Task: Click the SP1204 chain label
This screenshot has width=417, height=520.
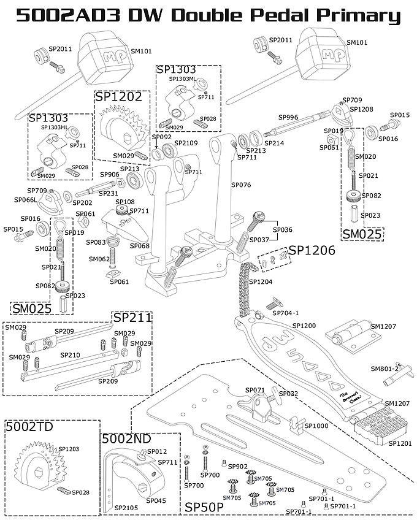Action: pos(261,281)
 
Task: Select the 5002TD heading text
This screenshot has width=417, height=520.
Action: pos(29,427)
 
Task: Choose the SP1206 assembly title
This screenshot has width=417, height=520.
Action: pos(312,250)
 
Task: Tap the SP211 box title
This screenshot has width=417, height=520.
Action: pos(132,317)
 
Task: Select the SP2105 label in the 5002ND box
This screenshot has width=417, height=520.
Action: pos(126,508)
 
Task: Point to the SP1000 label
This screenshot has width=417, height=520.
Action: pos(316,426)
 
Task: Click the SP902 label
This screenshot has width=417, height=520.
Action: pos(238,467)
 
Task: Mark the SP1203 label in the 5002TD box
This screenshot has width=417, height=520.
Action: pos(69,449)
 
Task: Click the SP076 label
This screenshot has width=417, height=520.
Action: pos(241,184)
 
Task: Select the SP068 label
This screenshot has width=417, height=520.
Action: pos(140,246)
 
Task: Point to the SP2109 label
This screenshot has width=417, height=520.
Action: pos(186,143)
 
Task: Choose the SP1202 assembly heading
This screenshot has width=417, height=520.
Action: pos(118,96)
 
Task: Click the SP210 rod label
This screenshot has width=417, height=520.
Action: pos(70,355)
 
